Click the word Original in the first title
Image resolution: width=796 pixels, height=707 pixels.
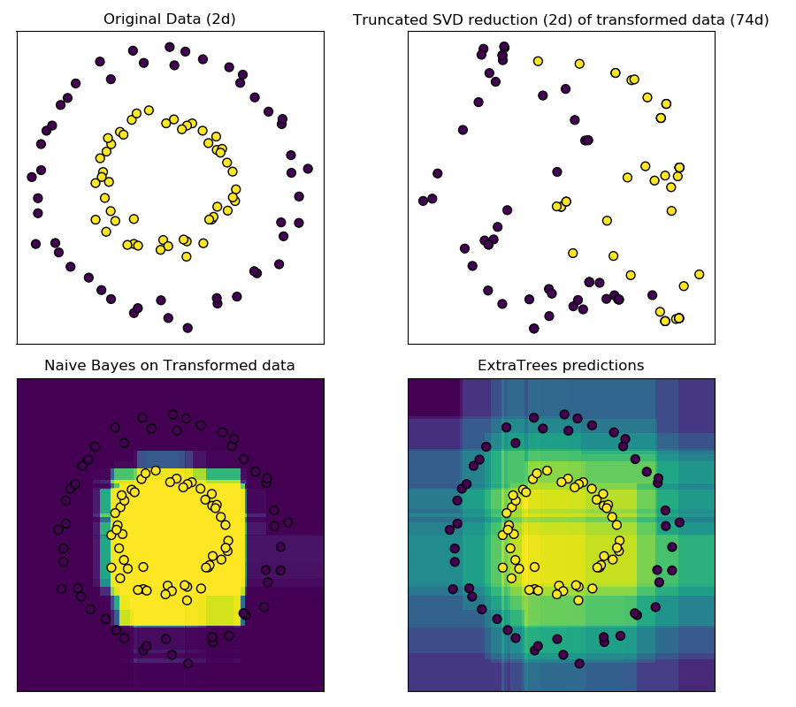pos(131,19)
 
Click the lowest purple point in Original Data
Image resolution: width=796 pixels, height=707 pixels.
pos(188,328)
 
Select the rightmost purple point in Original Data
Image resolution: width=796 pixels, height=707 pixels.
pos(308,169)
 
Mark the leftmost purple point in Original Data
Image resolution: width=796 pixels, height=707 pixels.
pos(32,177)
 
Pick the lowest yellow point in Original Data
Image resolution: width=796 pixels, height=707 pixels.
pos(186,256)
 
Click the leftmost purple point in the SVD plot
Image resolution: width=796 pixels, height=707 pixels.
pos(423,201)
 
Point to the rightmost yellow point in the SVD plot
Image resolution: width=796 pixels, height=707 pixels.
pos(699,274)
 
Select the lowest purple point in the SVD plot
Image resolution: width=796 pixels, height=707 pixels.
pos(533,328)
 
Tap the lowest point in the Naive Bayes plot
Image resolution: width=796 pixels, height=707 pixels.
pos(188,663)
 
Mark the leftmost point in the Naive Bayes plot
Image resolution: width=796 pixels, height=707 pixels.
pos(58,530)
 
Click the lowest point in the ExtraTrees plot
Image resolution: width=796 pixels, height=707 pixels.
pos(579,663)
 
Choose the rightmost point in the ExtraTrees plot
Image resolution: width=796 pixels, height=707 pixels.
pos(679,522)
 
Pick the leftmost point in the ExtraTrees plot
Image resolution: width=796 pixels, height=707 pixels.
pos(450,530)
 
